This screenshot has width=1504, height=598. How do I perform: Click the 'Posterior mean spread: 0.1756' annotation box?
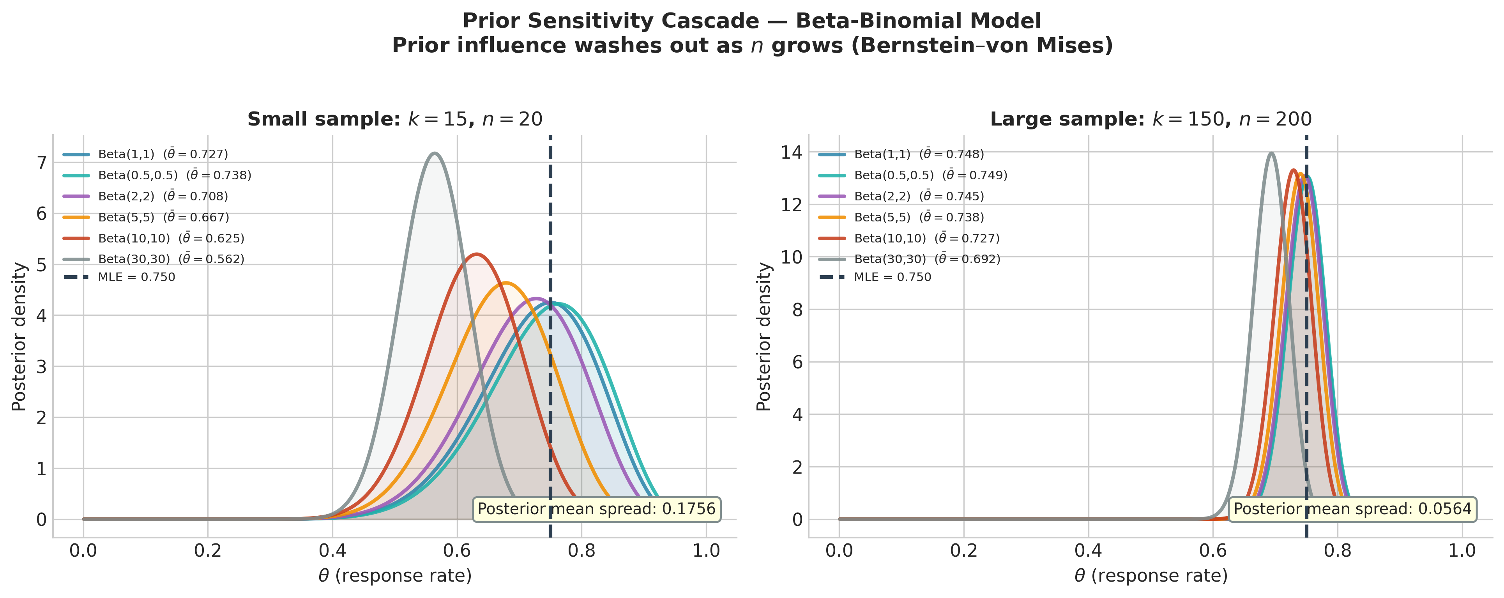pos(596,509)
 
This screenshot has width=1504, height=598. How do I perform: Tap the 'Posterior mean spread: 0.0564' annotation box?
pos(1352,509)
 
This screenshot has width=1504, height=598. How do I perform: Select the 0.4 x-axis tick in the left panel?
pos(332,551)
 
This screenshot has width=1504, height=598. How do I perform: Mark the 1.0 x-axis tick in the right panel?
pos(1462,551)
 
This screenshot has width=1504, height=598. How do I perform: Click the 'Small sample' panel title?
pos(395,119)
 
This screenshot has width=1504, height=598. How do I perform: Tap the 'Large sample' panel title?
pos(1151,119)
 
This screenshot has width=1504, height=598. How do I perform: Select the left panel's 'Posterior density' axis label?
pos(19,336)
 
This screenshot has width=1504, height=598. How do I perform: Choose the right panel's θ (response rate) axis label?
pos(1151,576)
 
